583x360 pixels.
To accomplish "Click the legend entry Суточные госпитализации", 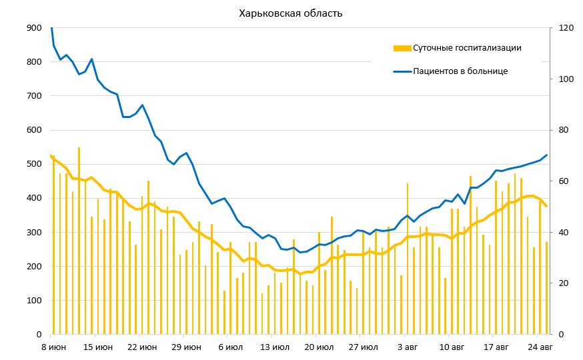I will coord(467,48).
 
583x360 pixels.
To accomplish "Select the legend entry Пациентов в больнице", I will coord(461,71).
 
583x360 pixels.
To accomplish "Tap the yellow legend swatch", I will coord(402,48).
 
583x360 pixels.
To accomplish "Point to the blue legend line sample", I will coord(402,71).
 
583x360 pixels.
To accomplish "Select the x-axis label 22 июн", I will coord(141,347).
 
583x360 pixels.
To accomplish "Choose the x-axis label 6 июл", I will coord(230,347).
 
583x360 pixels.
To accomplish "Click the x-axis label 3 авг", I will coord(408,347).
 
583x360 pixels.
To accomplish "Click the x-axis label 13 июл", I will coord(275,347).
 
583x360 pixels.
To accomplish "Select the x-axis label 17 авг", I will coord(496,347).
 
